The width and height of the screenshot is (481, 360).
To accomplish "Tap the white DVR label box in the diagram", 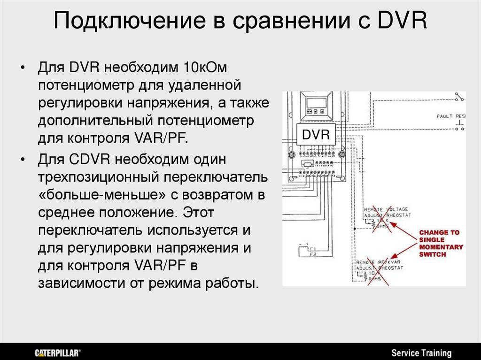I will (316, 135).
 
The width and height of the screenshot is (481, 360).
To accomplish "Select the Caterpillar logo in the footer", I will (58, 353).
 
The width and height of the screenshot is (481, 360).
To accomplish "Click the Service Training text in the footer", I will (421, 353).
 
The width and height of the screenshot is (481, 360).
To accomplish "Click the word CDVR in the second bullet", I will (90, 159).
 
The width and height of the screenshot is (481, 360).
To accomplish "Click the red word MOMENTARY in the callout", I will (441, 247).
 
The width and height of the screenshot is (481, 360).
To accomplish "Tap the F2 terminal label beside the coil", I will (313, 254).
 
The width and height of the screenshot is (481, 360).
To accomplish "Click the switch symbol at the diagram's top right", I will (458, 98).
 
